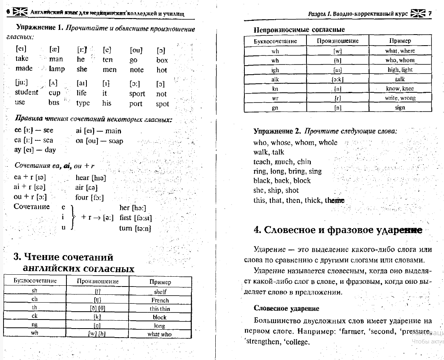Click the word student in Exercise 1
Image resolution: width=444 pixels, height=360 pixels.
click(26, 92)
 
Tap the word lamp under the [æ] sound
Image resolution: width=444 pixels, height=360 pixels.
click(57, 69)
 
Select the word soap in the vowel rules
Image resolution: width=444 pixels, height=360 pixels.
click(116, 141)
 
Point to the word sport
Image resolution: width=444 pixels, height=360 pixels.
click(137, 94)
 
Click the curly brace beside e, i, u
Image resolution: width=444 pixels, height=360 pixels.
click(72, 217)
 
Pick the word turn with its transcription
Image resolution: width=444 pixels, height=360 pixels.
click(135, 228)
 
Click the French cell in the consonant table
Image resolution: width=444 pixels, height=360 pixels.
click(160, 300)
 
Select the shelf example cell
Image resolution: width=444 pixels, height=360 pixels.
click(160, 292)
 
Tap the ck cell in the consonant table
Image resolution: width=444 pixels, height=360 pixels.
click(35, 316)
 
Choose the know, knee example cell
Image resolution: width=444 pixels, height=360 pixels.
click(400, 88)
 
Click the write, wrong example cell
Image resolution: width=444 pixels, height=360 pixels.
click(400, 98)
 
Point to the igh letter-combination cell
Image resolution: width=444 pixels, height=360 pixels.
click(275, 70)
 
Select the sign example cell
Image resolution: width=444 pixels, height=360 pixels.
click(400, 107)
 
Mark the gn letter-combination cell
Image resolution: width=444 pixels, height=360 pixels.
click(275, 107)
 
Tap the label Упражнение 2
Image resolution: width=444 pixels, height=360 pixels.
click(277, 131)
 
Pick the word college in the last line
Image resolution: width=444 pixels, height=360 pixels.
click(297, 342)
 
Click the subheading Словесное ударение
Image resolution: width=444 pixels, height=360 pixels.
click(286, 309)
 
